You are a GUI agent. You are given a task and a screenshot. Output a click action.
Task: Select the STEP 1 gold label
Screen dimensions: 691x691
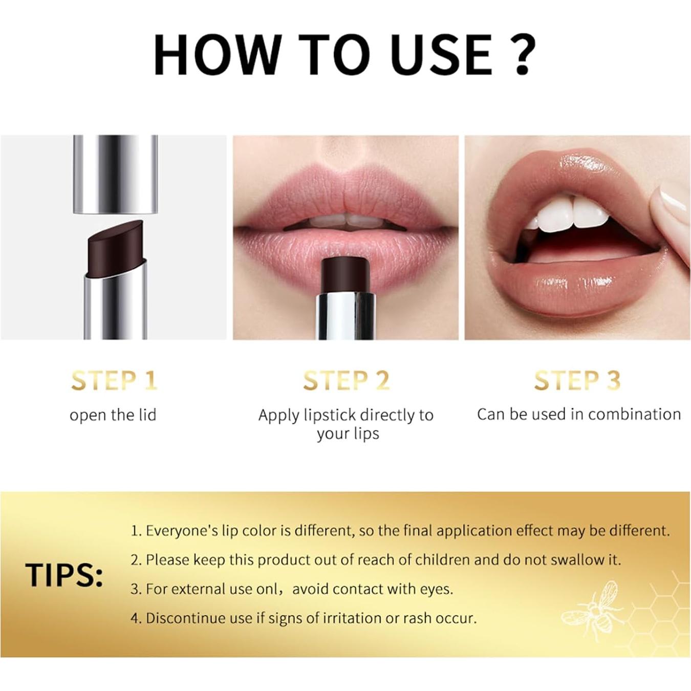pyautogui.click(x=114, y=381)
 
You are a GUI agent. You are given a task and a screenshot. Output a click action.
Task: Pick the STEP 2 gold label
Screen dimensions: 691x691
pyautogui.click(x=346, y=381)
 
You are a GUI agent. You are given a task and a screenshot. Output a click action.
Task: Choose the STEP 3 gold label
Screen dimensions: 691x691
pyautogui.click(x=577, y=381)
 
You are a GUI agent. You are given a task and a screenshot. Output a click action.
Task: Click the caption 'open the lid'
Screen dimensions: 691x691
pyautogui.click(x=113, y=415)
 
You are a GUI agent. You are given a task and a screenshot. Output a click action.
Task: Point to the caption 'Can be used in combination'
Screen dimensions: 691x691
pyautogui.click(x=578, y=414)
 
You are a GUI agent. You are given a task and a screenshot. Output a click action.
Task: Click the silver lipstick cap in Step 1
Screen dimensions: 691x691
pyautogui.click(x=115, y=174)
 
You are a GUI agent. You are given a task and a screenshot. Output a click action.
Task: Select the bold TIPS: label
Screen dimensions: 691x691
pyautogui.click(x=64, y=575)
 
